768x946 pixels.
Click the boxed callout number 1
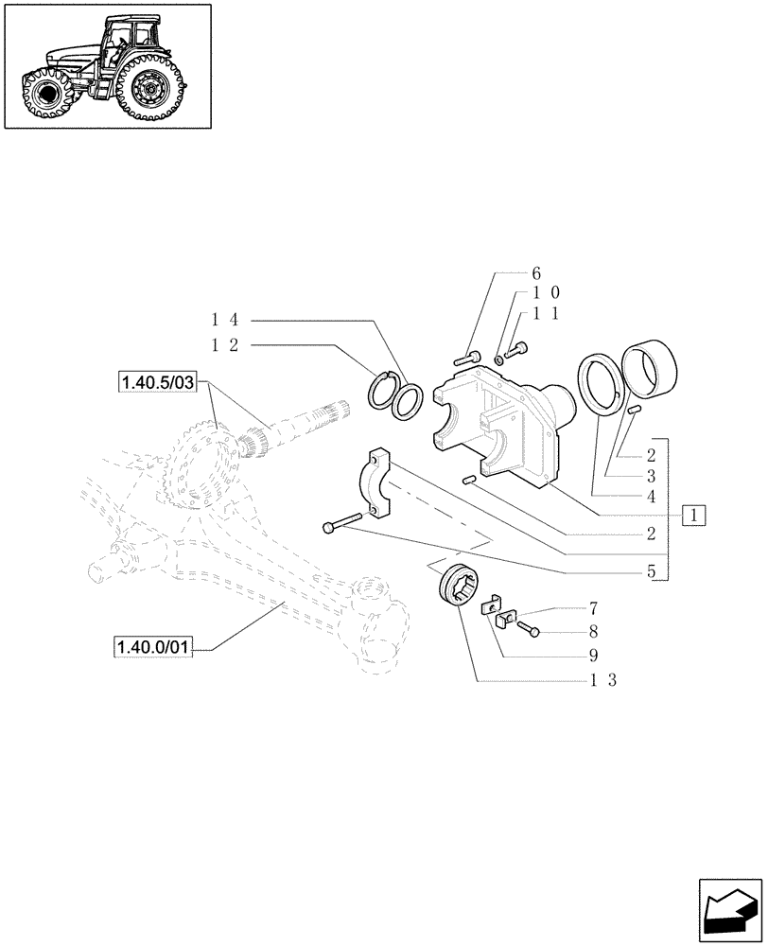695,516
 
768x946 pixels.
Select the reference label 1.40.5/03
156,382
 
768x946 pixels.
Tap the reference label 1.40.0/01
152,647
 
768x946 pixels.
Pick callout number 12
223,345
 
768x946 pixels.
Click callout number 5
651,572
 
